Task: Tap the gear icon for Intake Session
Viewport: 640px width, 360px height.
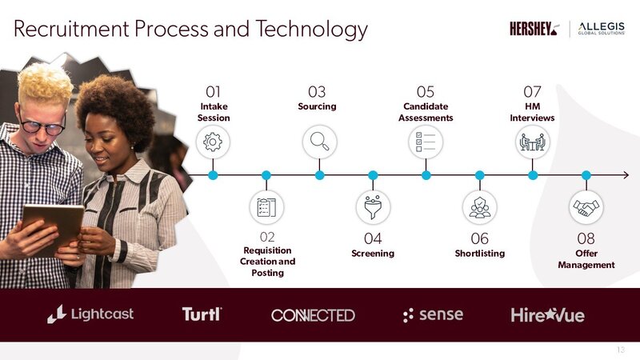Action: (x=213, y=142)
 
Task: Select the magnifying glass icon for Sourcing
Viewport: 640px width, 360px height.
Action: (x=319, y=142)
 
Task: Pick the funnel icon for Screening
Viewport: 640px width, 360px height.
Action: (x=373, y=207)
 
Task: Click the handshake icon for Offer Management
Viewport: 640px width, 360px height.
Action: (x=586, y=207)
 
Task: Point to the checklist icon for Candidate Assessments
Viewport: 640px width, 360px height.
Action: (x=426, y=142)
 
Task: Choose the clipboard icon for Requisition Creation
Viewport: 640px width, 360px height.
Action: (x=266, y=207)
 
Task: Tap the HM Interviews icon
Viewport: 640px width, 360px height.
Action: (x=533, y=142)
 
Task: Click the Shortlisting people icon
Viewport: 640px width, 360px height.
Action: (x=479, y=207)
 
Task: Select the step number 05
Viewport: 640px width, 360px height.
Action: (x=426, y=92)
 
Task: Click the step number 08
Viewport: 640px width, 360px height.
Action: (x=586, y=238)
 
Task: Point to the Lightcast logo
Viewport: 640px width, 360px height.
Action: (x=90, y=314)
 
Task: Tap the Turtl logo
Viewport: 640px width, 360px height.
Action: (x=201, y=314)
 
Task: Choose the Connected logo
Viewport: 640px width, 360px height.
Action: (x=313, y=315)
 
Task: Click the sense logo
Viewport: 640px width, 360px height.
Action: (x=433, y=314)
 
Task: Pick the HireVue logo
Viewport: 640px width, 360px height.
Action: (x=548, y=315)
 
